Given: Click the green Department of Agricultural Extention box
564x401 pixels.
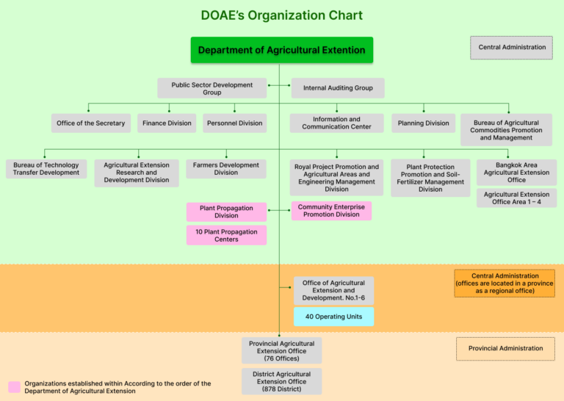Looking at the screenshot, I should pos(281,50).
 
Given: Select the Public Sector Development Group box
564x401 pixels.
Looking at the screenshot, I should pos(211,88).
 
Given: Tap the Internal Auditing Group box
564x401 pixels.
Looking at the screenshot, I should pos(338,88).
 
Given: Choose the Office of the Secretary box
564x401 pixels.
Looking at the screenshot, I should pos(91,123).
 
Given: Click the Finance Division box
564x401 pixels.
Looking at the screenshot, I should pos(167,123).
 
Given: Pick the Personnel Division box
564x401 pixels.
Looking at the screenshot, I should pos(234,123).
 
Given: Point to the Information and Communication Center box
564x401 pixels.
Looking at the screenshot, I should pos(336,123).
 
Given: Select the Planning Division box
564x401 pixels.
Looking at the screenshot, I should pos(423,123).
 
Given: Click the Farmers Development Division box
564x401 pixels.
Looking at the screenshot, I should pos(225,169).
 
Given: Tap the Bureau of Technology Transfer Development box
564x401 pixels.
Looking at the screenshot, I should pos(46,169).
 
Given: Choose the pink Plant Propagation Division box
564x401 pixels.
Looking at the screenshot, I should pos(225,212).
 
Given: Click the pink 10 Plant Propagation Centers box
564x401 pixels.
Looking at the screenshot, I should pos(225,235).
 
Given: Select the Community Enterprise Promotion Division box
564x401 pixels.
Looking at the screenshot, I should pos(331,211).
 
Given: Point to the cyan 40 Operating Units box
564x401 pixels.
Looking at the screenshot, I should pos(333,317).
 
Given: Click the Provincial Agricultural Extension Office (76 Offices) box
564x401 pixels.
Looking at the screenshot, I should pos(281,351).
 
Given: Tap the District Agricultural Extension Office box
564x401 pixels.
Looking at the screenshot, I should pos(281,381).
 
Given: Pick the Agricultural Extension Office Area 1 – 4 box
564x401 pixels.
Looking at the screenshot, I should pos(516,198).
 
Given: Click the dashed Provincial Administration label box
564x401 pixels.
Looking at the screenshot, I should pos(505,348).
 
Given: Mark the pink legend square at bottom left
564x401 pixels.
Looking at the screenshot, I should pos(14,387).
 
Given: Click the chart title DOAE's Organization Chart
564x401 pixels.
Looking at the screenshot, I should pos(281,15).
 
